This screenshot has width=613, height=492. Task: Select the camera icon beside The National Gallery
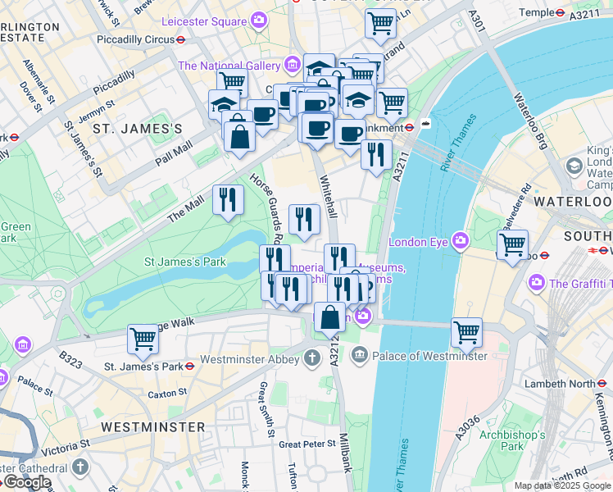pos(293,65)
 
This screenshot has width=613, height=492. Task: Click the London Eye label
pos(419,241)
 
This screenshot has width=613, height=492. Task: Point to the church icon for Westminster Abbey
pos(311,357)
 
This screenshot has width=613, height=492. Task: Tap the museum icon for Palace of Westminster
pos(359,356)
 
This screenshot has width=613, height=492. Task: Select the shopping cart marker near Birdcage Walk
pos(143,338)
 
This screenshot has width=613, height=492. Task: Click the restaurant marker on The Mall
pos(228,199)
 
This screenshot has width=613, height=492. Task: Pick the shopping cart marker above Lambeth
pos(466,330)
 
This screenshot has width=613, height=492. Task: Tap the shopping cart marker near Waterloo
pos(512,244)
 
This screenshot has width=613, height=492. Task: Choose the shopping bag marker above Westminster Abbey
pos(329,317)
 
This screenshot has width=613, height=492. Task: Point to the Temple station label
pos(537,12)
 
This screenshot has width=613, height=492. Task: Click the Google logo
pos(28,482)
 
